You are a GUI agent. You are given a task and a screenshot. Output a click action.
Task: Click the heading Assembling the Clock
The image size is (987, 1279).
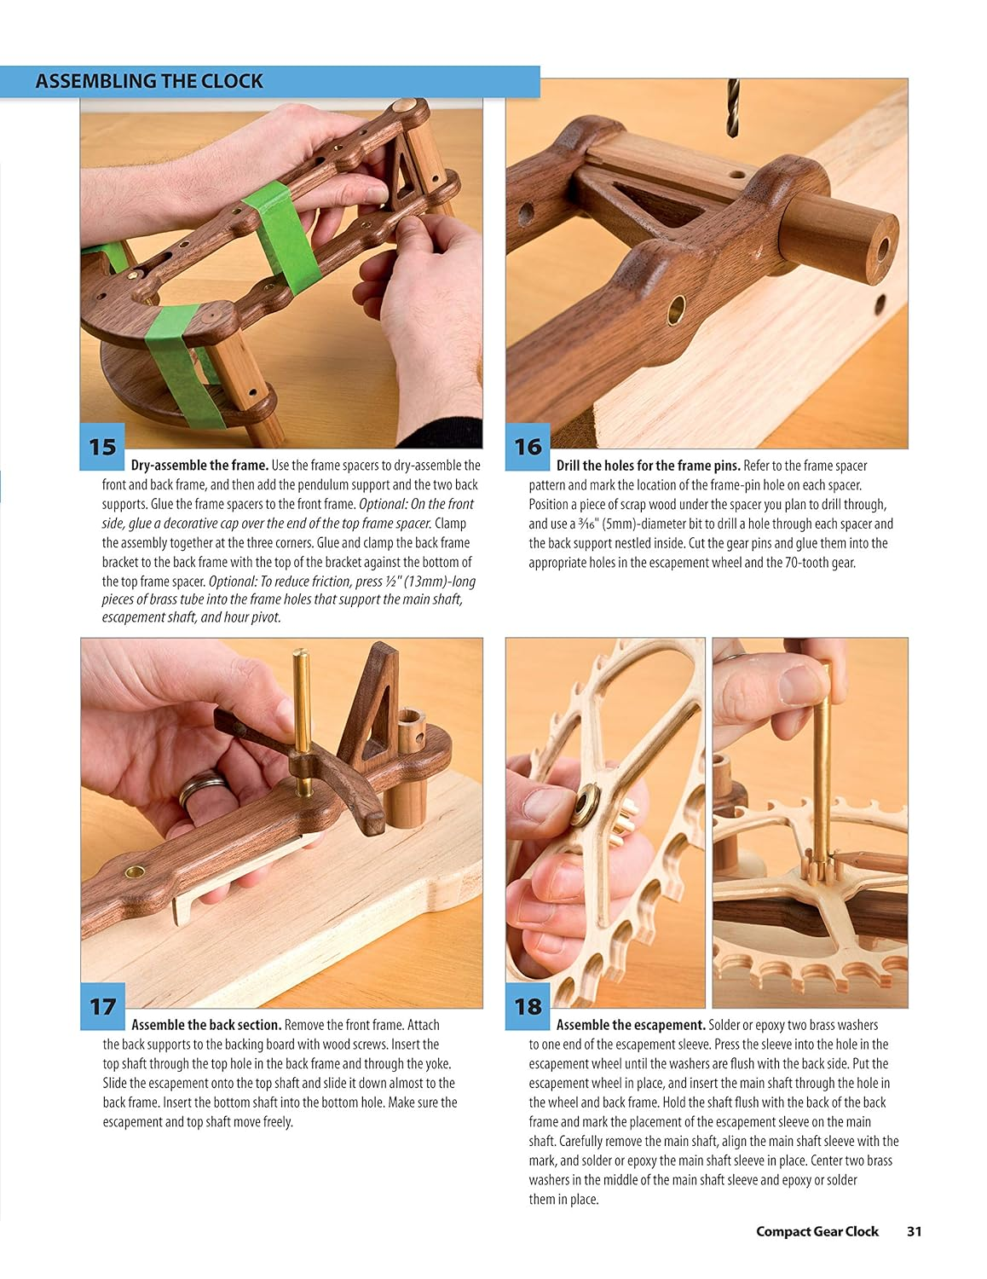point(149,82)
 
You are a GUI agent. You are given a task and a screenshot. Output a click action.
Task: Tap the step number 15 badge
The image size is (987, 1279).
point(102,447)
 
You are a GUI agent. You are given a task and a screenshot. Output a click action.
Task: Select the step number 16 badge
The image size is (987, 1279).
point(528,447)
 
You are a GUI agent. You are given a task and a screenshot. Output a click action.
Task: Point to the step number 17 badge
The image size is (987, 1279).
point(102,1006)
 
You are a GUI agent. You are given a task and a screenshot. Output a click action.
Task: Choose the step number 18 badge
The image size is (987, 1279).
point(528,1006)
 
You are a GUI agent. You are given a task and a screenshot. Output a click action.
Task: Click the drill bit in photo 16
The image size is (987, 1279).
point(732,107)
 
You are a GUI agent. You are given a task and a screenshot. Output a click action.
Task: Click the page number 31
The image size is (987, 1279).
point(915,1231)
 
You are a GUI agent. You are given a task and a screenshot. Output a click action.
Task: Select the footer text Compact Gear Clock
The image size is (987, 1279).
point(817,1231)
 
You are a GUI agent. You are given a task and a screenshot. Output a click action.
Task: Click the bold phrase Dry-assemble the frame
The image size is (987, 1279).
point(199,466)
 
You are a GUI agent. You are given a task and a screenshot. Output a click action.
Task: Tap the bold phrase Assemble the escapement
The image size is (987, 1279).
point(631,1025)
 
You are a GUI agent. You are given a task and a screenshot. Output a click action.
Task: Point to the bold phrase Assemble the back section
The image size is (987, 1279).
point(206,1025)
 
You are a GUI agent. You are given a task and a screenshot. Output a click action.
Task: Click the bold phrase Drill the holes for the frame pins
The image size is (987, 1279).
point(648,466)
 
